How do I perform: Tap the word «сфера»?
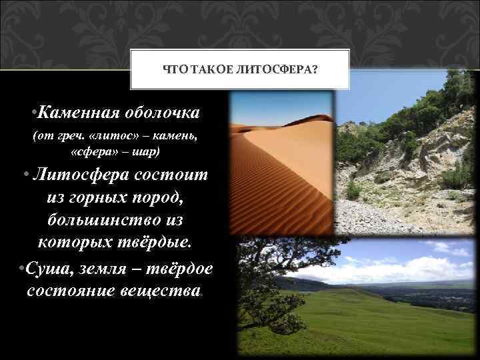(93, 153)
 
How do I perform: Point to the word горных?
(93, 197)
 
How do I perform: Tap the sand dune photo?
(280, 167)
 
